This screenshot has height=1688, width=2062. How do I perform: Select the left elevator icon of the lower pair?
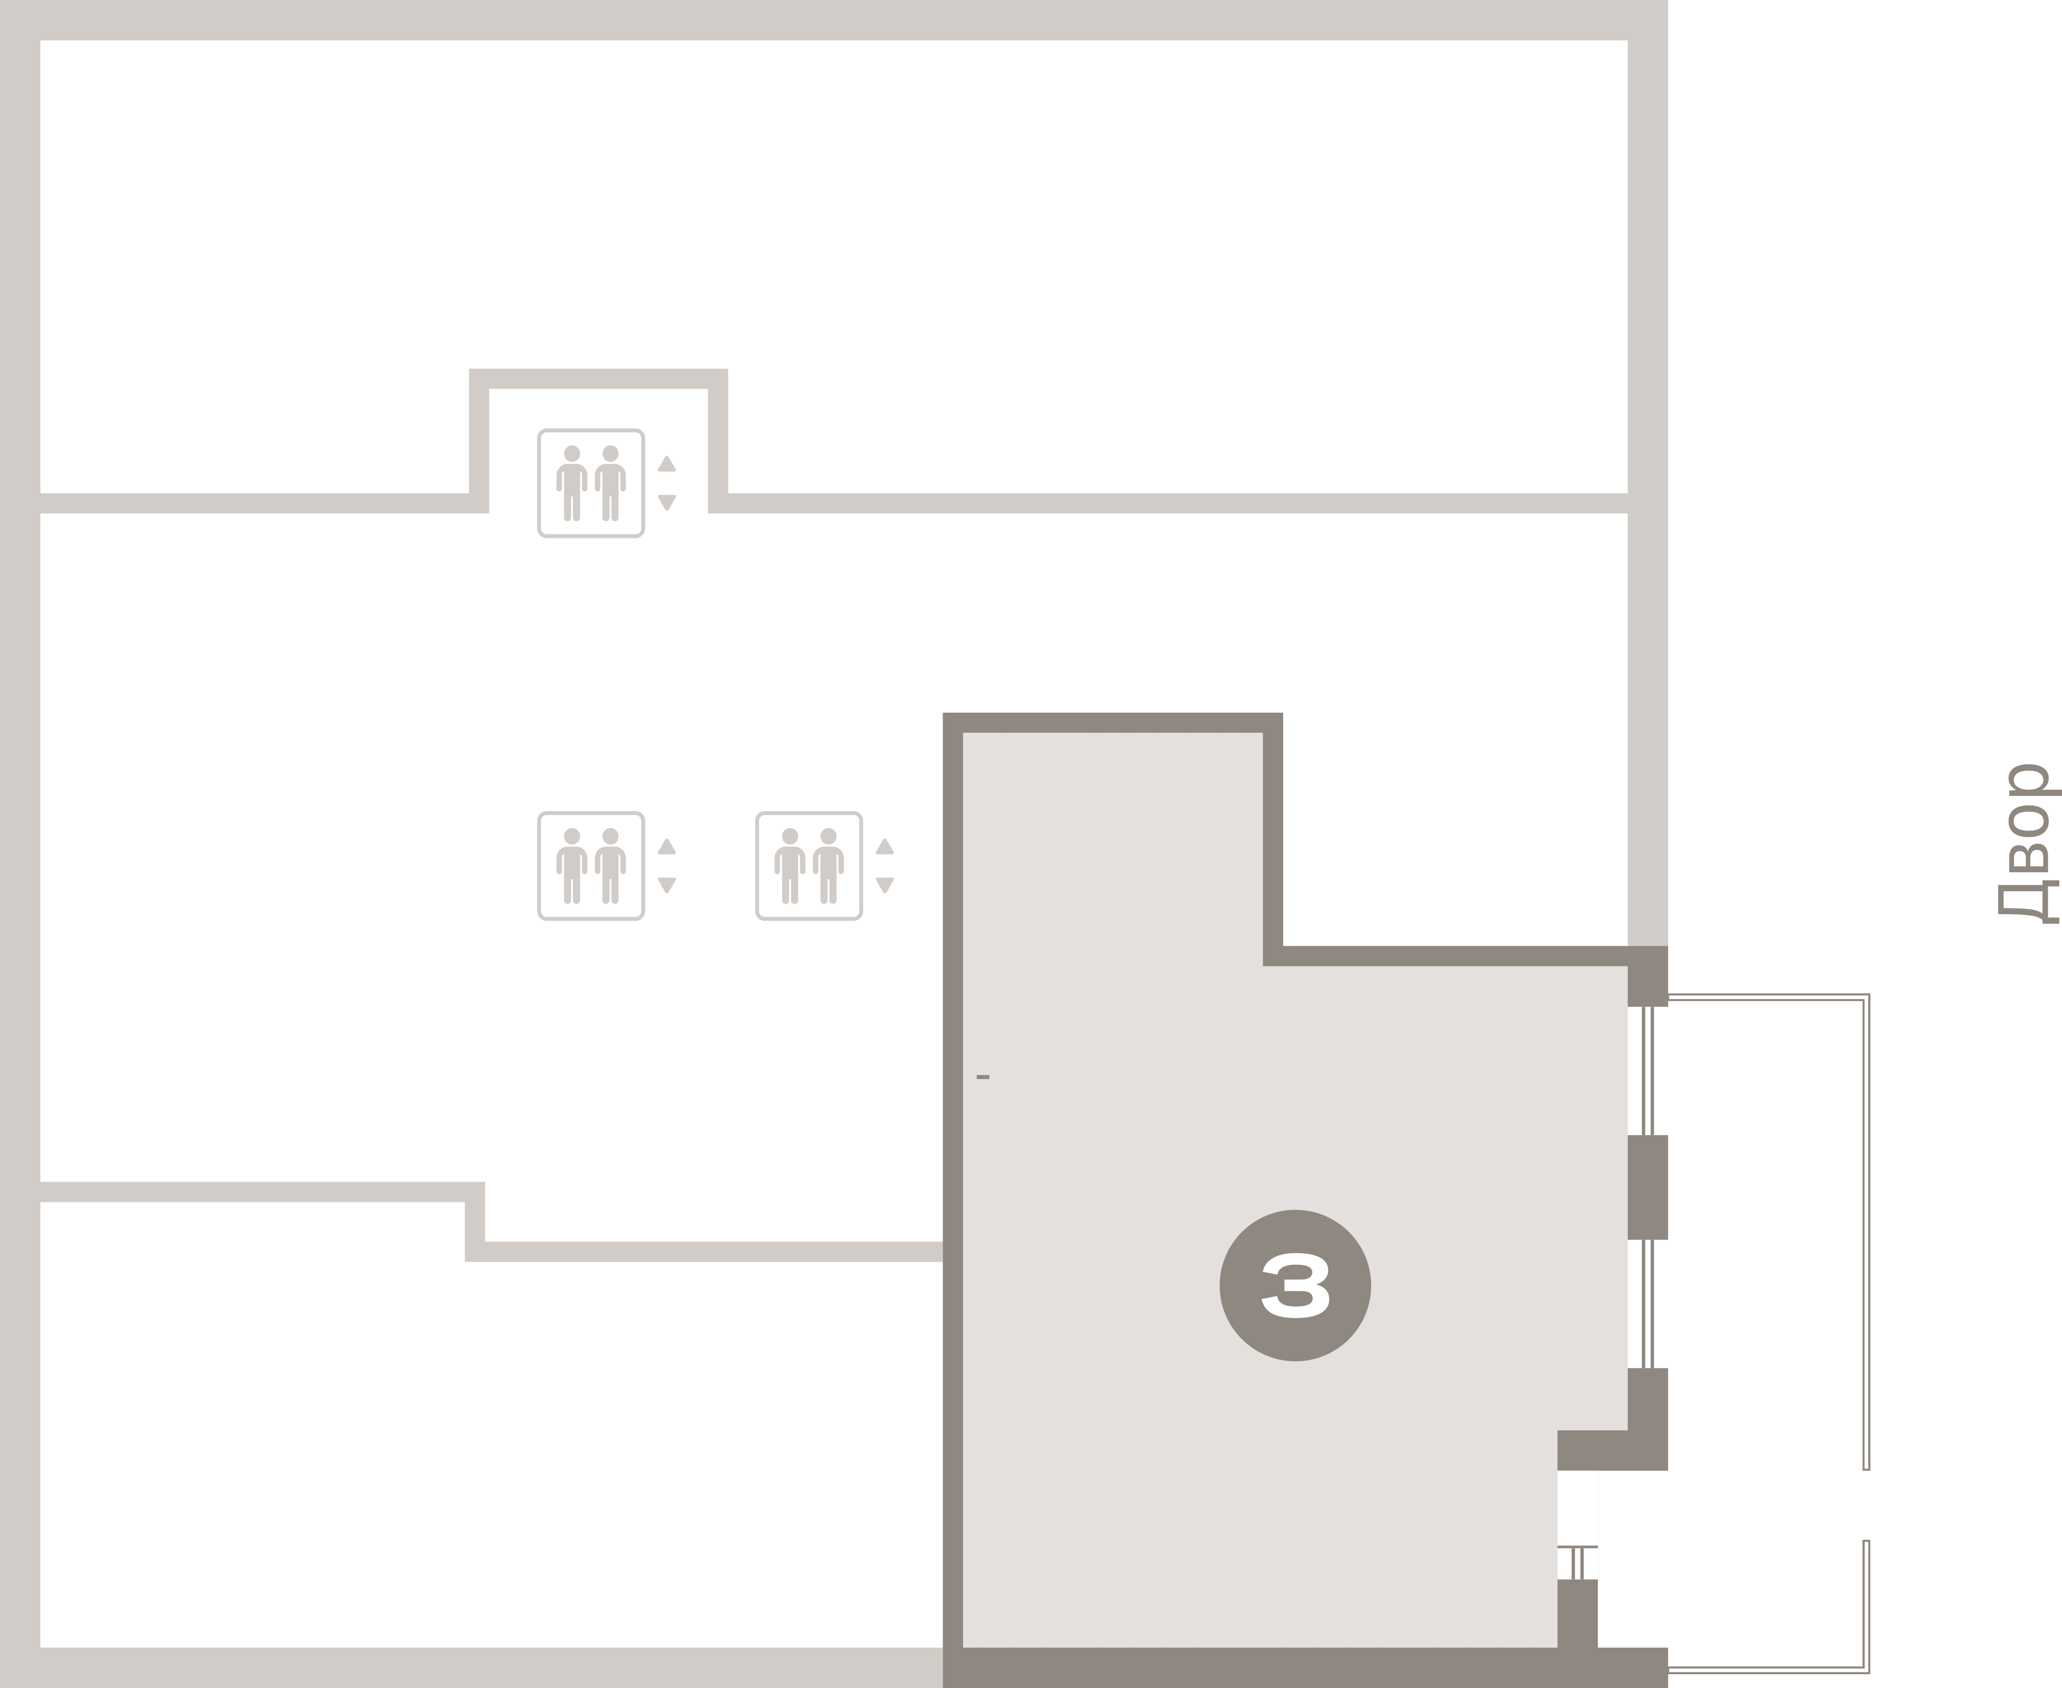tap(590, 866)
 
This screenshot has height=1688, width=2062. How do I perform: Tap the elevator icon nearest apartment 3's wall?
tap(808, 866)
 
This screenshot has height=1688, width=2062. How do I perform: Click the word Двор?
tap(2028, 842)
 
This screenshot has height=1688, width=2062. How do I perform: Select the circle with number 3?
tap(1295, 1286)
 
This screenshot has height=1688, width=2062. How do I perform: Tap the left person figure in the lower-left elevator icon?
tap(572, 866)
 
